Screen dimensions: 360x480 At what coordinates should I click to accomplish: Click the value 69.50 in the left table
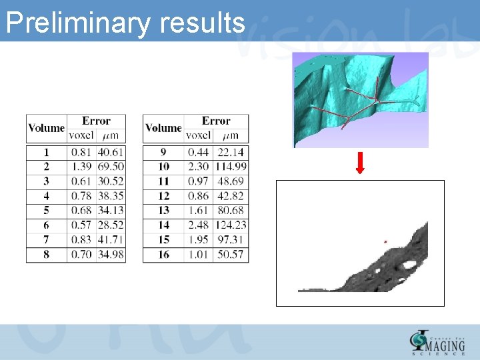click(110, 167)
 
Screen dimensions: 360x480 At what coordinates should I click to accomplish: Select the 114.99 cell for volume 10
click(231, 167)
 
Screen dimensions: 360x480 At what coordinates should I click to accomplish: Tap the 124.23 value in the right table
click(231, 225)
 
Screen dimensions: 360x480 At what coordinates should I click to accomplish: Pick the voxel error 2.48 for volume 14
click(198, 225)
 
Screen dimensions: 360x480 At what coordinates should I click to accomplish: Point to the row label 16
click(163, 255)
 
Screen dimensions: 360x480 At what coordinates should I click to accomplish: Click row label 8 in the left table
click(46, 255)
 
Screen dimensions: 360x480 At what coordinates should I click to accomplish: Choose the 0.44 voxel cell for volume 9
click(198, 152)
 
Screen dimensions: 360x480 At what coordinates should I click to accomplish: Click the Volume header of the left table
click(46, 128)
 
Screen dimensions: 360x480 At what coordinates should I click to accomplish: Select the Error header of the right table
click(216, 121)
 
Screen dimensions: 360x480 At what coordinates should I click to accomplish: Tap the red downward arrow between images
click(360, 163)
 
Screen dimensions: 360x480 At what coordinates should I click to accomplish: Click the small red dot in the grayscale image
click(385, 241)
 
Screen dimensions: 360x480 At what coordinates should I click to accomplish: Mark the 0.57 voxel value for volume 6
click(81, 225)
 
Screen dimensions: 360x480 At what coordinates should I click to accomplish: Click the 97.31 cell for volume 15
click(231, 240)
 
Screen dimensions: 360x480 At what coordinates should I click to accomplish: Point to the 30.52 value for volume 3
click(110, 181)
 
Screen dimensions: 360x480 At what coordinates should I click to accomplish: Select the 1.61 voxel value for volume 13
click(198, 211)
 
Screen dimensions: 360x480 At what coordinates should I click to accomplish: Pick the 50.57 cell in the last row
click(231, 255)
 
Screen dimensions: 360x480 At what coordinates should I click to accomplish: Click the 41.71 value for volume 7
click(110, 240)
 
